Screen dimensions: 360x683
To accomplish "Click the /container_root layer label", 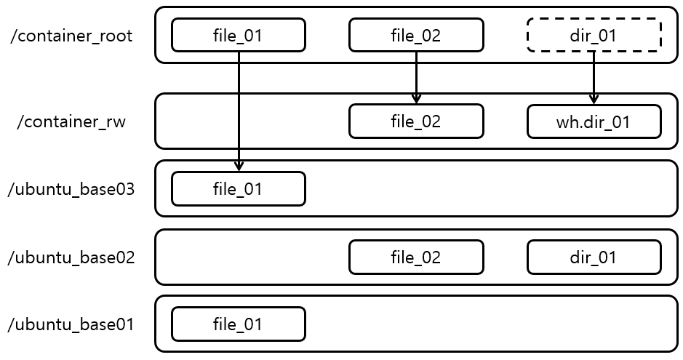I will coord(71,36).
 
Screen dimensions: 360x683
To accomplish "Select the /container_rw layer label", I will coord(71,121).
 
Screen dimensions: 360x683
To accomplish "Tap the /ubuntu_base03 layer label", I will coord(71,190).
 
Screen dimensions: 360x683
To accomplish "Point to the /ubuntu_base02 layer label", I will coord(71,257).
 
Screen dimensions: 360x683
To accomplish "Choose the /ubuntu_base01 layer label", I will coord(71,324).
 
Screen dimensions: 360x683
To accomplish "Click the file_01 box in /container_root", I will coord(238,35).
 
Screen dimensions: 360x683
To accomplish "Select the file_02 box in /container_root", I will coord(416,35).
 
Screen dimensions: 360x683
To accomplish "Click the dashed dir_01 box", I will coord(594,35).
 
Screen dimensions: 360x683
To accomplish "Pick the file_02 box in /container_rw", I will coord(416,121).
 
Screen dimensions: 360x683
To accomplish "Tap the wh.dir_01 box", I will coord(594,121).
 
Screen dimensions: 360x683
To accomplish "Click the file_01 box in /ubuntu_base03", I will coord(238,189).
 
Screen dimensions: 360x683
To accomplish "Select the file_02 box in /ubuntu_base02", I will coord(416,257).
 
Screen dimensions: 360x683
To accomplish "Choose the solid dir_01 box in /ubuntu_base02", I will coord(594,257).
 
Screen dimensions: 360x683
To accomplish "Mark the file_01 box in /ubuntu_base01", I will coord(238,324).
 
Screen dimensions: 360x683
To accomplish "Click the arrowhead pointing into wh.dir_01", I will coord(594,100).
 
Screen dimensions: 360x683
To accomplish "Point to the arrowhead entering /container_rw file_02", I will coord(416,100).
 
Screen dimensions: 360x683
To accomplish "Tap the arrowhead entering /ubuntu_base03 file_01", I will coord(239,167).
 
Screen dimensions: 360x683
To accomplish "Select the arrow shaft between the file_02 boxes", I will coord(416,73).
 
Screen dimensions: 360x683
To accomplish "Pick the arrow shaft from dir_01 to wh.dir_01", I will coord(594,73).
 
